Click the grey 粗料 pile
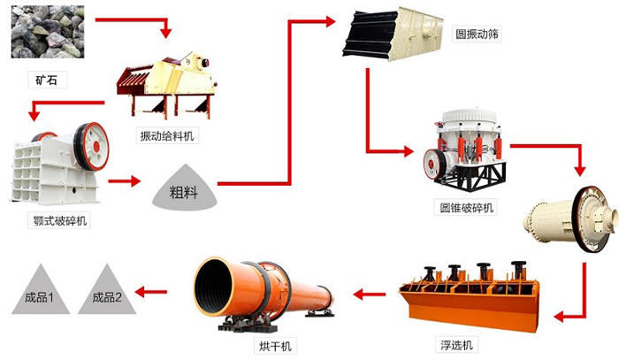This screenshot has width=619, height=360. (x=183, y=188)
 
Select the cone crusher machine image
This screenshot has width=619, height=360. (x=463, y=151)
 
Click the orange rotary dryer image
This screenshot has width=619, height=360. (x=264, y=293)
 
